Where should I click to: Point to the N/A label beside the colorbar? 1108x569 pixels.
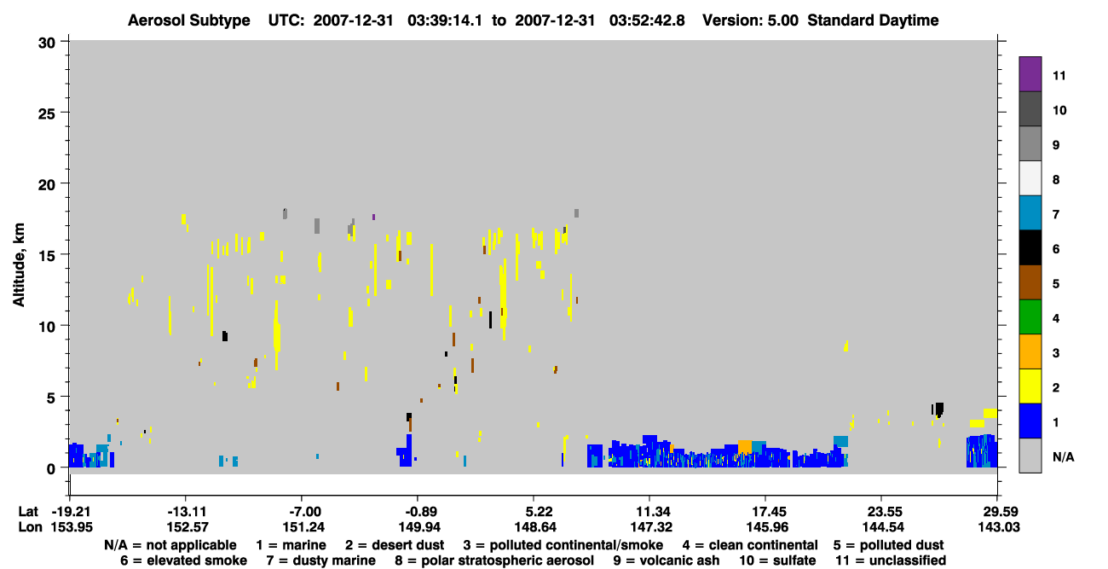[1063, 457]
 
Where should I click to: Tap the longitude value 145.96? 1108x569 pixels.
[768, 527]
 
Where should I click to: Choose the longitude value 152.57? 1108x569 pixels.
[188, 527]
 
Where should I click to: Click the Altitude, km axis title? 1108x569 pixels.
[19, 265]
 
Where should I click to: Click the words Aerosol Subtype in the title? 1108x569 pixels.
[189, 20]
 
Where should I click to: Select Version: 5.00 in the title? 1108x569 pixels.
[750, 20]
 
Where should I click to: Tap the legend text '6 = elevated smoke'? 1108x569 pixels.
[183, 560]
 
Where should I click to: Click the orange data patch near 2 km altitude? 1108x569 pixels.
[744, 446]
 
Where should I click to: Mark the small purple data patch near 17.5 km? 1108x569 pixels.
[373, 217]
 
